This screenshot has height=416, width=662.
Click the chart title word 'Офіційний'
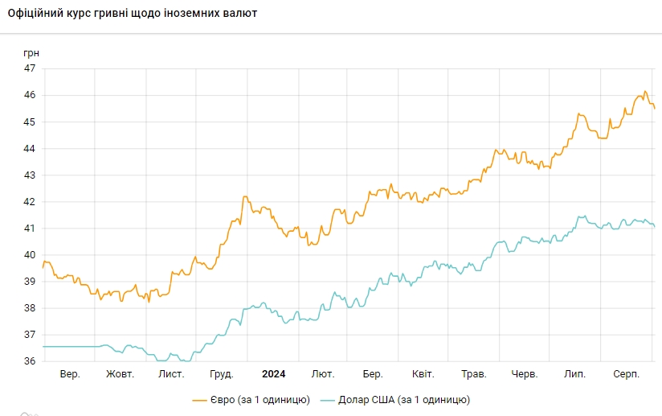[37, 14]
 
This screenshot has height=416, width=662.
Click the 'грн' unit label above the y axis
[31, 53]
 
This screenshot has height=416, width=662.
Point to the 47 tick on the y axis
[29, 68]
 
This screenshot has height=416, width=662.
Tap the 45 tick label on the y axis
[29, 122]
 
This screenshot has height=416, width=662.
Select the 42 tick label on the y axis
[29, 201]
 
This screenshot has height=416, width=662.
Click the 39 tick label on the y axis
[29, 281]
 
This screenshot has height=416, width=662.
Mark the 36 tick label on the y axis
[29, 360]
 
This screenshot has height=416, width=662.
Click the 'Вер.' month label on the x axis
[70, 374]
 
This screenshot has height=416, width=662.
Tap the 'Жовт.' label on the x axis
[121, 374]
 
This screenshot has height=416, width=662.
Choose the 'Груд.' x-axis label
[221, 374]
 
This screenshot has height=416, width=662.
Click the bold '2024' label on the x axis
[274, 374]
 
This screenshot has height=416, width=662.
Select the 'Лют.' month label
[323, 374]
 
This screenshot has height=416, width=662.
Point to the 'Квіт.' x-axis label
[423, 374]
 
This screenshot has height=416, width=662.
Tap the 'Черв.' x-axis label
[525, 374]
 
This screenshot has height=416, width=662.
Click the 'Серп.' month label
[626, 374]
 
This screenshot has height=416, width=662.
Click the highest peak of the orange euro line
[645, 92]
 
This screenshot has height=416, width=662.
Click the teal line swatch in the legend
[327, 399]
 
